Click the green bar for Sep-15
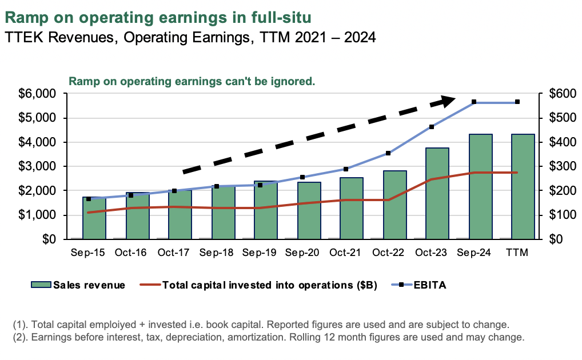click(94, 218)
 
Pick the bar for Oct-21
click(351, 208)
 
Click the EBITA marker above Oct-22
click(388, 153)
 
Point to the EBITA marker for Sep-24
click(474, 102)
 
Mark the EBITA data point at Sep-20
click(302, 177)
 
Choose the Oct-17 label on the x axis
click(174, 253)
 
